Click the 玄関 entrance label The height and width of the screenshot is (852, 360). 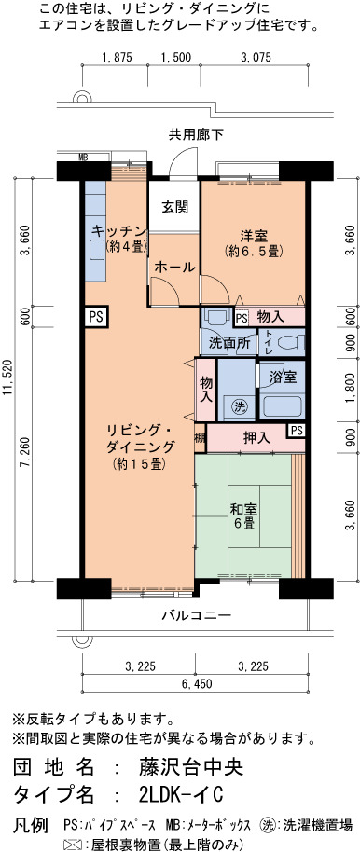coord(174,207)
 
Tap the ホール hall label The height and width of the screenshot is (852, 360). coord(174,267)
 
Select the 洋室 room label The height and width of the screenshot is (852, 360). coord(254,237)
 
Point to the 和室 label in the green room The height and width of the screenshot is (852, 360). coord(243,510)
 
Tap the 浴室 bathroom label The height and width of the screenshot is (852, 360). coord(284,378)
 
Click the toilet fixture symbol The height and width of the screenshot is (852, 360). coord(291,342)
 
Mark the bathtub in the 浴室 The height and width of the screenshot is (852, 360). coord(281,406)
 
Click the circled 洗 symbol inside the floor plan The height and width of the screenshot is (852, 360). coord(237,405)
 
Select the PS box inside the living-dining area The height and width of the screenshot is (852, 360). coord(97,316)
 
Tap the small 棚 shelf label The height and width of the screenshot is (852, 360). coord(200,437)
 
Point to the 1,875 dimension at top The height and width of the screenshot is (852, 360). coord(115,57)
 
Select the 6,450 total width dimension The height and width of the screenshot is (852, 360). coord(196,683)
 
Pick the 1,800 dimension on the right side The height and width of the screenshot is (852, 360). coord(352,391)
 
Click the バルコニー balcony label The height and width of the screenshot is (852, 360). coord(196,615)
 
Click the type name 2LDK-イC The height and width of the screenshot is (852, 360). coord(181,794)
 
